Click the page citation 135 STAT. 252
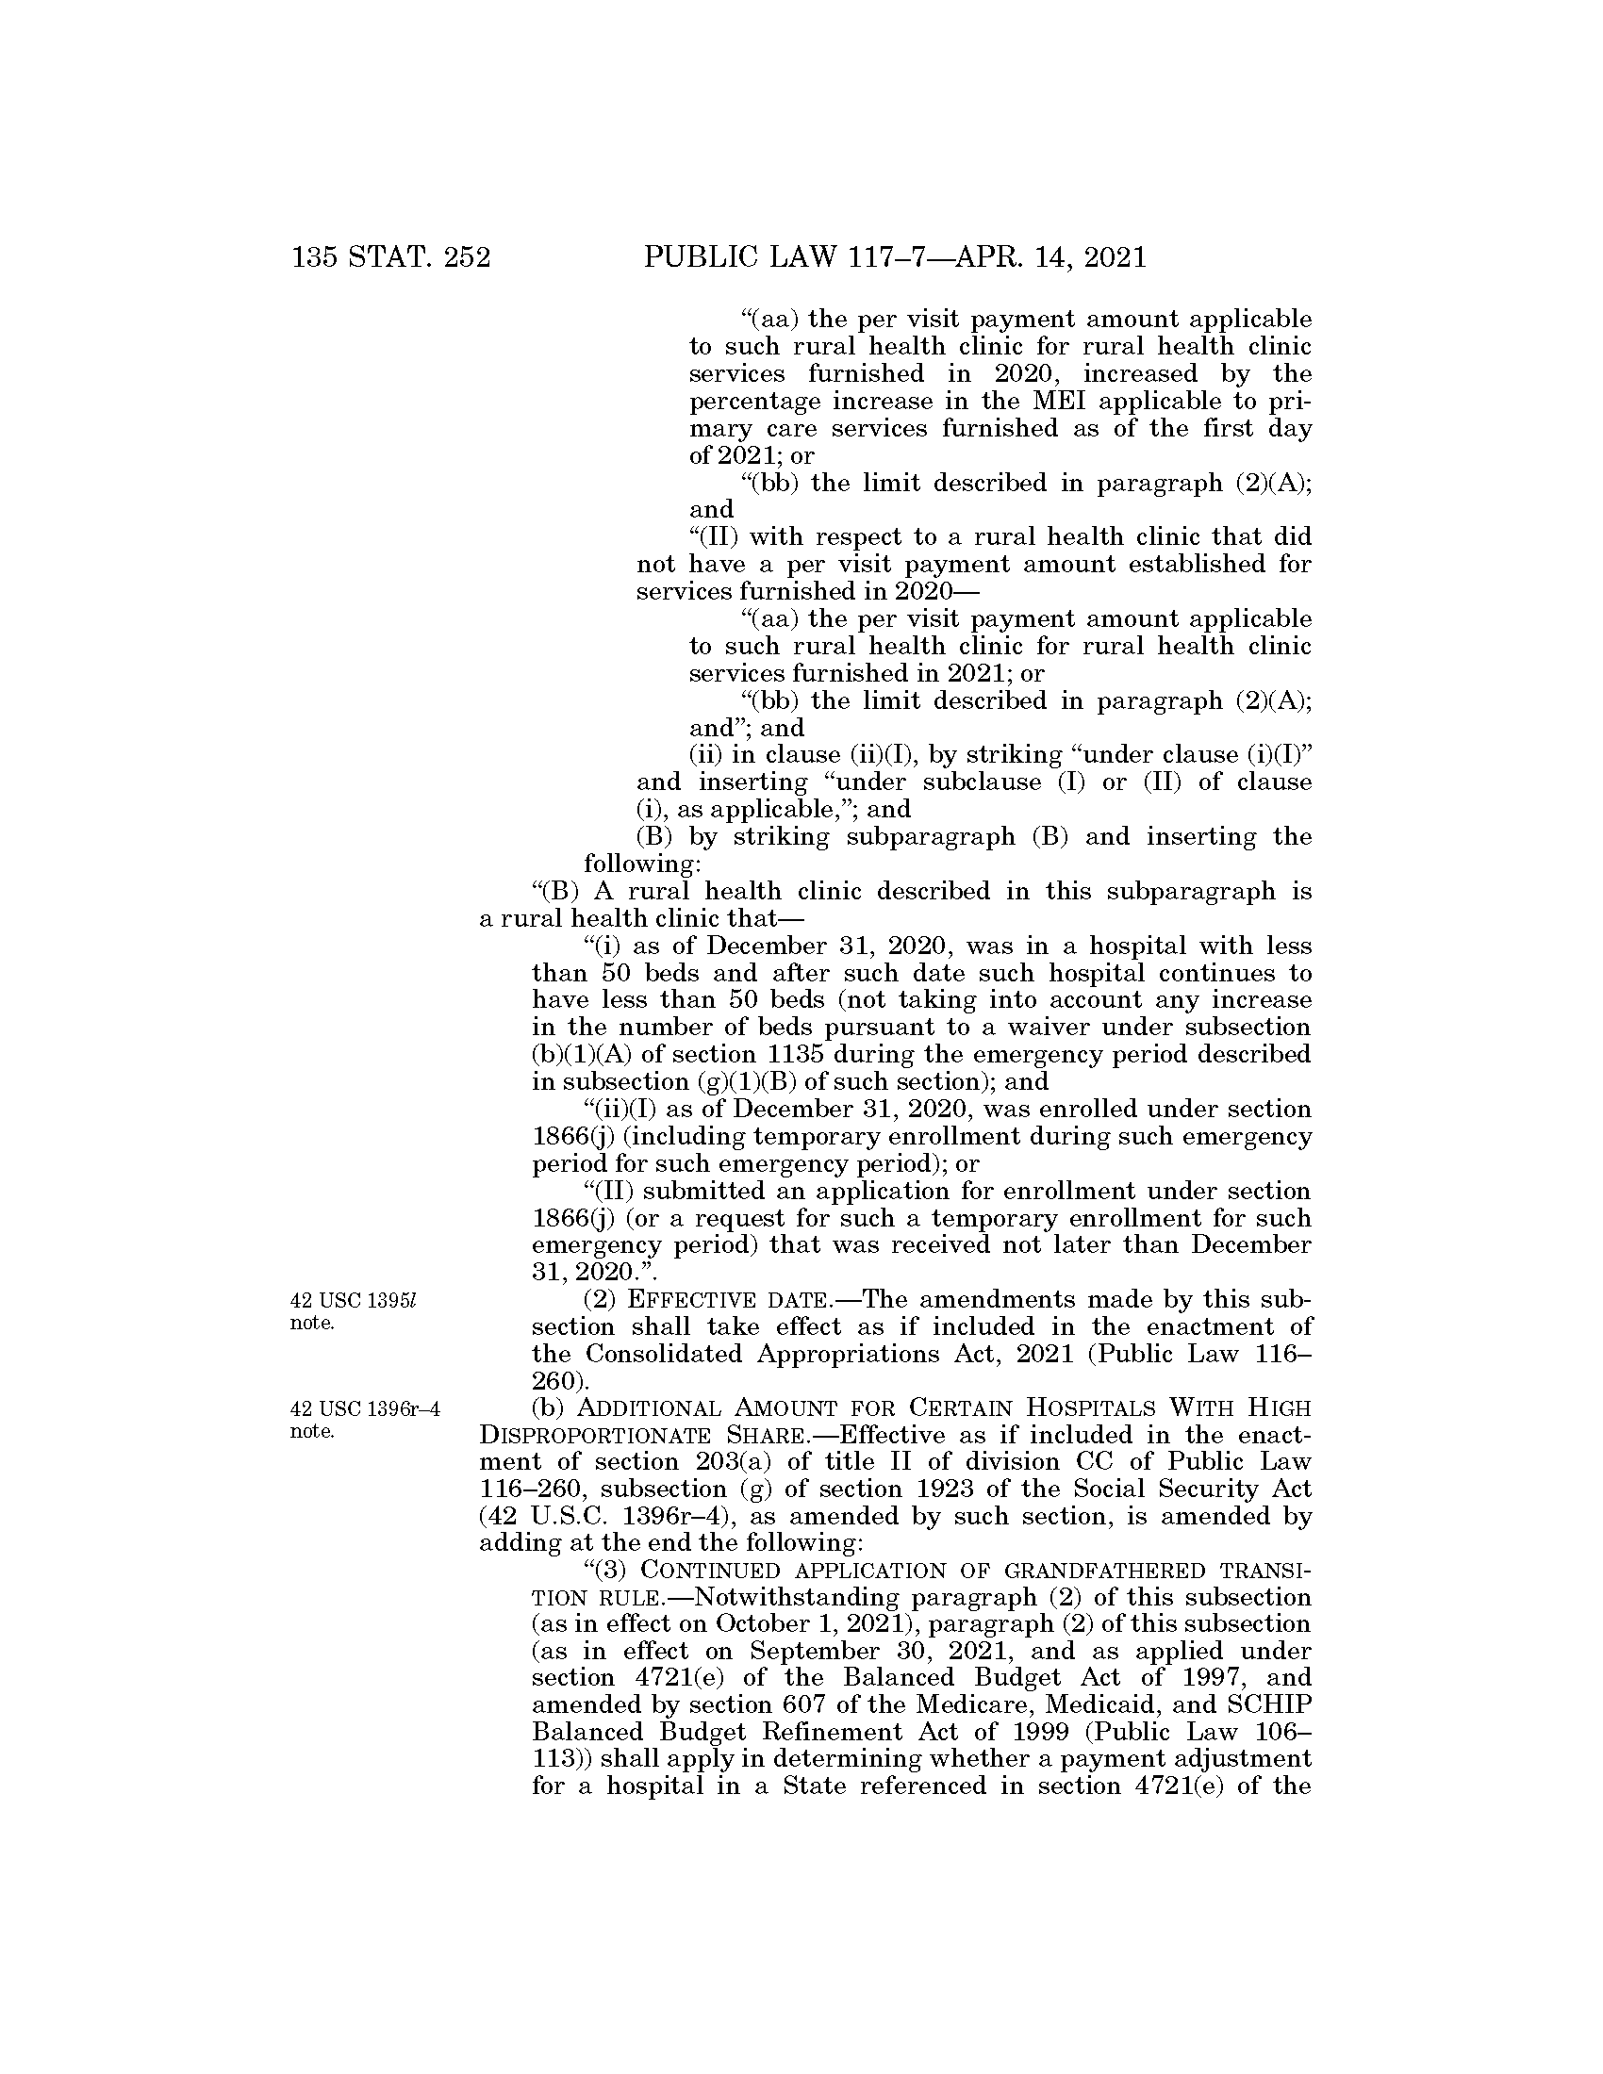point(390,257)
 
